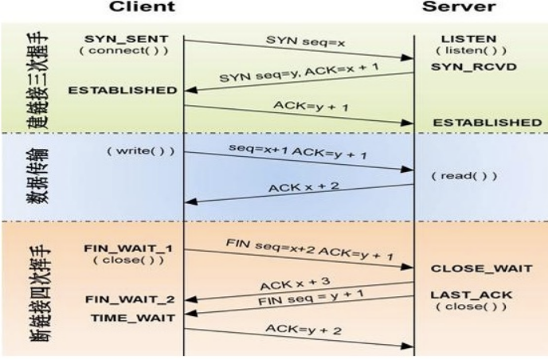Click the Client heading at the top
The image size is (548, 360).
click(x=141, y=7)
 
